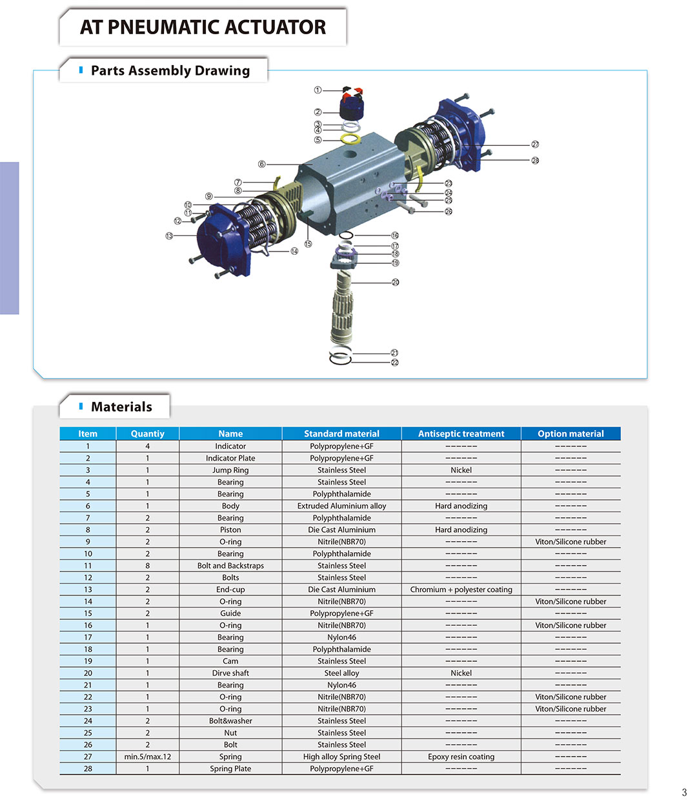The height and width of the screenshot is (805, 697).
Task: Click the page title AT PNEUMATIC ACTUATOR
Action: click(203, 27)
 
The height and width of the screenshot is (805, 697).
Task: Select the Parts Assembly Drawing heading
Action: click(170, 71)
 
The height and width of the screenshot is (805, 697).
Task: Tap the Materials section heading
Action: click(121, 407)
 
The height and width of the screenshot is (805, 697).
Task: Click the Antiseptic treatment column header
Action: click(461, 433)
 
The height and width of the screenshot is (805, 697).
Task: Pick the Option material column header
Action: click(571, 433)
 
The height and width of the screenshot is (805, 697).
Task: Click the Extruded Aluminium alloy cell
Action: click(341, 506)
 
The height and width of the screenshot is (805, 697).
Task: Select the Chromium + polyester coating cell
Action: click(461, 590)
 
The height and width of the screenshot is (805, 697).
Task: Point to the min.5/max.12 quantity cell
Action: click(147, 757)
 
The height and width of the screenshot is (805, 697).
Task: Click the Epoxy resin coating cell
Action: click(461, 757)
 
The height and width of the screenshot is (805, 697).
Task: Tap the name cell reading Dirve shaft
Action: click(230, 673)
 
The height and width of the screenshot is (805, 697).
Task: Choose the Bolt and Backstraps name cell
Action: click(230, 566)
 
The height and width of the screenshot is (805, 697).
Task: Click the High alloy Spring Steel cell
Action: click(341, 757)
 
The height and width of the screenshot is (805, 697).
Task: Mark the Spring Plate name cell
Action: click(230, 769)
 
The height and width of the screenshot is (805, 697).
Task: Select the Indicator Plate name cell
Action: click(230, 458)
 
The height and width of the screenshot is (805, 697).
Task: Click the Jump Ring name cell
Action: click(230, 470)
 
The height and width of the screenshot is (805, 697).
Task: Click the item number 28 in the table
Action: click(88, 769)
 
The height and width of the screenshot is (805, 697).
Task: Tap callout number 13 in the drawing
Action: click(169, 236)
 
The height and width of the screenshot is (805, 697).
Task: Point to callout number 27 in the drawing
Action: click(535, 144)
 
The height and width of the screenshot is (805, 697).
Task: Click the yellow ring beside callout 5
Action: click(350, 139)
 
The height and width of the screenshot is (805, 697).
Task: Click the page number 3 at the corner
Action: click(684, 793)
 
